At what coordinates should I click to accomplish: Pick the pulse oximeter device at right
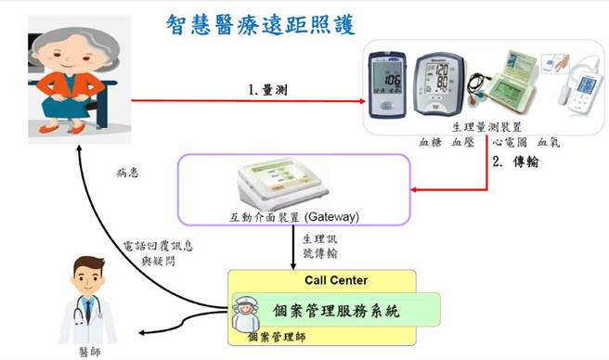577,88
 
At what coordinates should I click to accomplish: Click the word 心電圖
510,143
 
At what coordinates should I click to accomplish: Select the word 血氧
549,143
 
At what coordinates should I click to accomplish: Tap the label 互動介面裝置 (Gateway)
294,218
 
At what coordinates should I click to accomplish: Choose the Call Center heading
336,280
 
